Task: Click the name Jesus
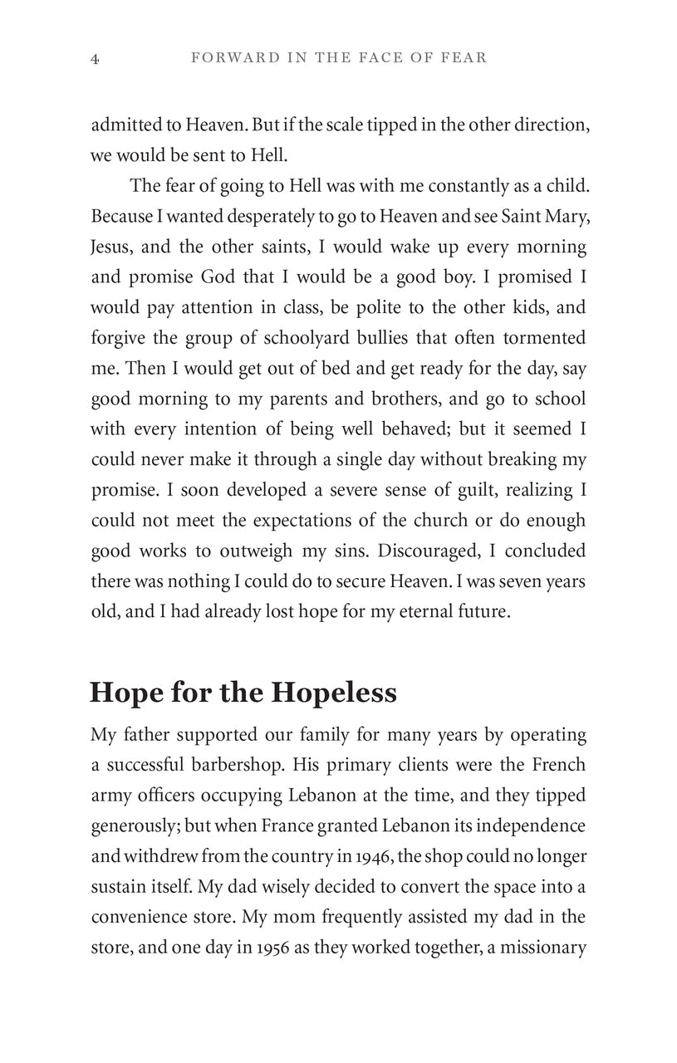click(x=112, y=247)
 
